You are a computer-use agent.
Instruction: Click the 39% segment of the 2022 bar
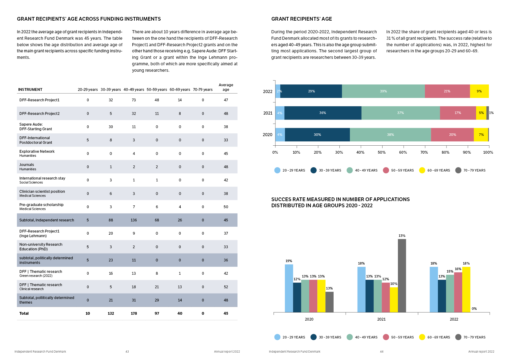click(383, 91)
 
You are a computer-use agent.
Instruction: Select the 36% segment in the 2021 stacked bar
click(323, 113)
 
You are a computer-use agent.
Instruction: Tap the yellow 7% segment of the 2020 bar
click(481, 135)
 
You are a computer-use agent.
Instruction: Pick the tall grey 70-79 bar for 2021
click(402, 276)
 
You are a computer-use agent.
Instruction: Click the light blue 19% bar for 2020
click(289, 288)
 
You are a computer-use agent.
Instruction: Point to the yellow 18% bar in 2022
click(466, 289)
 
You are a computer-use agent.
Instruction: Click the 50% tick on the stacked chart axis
click(382, 152)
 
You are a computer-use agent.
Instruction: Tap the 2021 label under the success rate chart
click(381, 319)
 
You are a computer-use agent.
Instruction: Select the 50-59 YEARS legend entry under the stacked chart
click(399, 170)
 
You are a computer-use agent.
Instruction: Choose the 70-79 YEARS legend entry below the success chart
click(471, 337)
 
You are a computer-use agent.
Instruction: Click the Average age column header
click(226, 87)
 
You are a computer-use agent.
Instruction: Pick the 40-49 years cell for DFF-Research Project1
click(134, 100)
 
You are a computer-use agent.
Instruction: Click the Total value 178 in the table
click(134, 313)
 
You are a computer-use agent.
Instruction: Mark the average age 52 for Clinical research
click(226, 287)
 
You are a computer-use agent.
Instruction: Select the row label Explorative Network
click(37, 152)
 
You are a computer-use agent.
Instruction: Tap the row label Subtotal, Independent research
click(47, 220)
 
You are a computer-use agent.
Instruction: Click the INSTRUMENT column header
click(30, 90)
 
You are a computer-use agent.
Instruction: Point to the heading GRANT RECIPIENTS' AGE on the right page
click(301, 19)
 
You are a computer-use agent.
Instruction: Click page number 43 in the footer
click(127, 352)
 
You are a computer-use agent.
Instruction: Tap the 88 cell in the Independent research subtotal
click(111, 220)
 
